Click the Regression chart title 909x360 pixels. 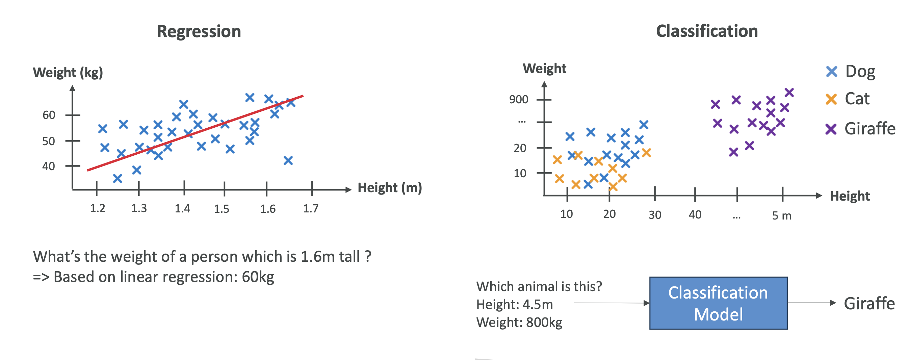[199, 31]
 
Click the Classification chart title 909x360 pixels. [707, 31]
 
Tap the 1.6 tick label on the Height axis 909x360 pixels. [268, 209]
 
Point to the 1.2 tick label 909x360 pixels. [98, 208]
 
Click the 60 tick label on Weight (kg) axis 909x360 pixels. [49, 115]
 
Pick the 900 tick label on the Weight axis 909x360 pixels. [518, 100]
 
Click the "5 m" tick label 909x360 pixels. [782, 215]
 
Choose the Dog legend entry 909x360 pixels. [860, 72]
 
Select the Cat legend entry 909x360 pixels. [857, 99]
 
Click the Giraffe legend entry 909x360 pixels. [869, 129]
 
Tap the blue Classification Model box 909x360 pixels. [718, 303]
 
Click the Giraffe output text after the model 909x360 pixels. [869, 304]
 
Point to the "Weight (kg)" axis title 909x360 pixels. [68, 72]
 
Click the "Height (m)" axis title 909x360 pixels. [390, 188]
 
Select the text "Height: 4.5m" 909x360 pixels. [515, 304]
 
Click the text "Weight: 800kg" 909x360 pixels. [519, 322]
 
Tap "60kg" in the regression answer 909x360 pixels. [258, 277]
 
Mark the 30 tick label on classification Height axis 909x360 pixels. [655, 214]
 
